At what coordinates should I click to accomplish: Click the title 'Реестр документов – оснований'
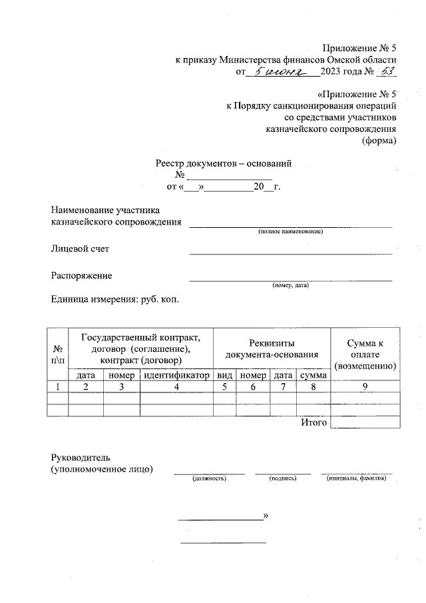coord(224,163)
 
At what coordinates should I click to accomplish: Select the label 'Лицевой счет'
coord(80,249)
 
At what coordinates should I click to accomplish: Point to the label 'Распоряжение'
coord(82,275)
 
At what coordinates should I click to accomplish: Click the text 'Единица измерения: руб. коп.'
coord(115,299)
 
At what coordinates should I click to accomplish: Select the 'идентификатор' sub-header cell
coord(176,376)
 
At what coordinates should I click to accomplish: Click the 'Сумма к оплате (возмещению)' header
coord(365,354)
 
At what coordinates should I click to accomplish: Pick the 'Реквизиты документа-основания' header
coord(272,348)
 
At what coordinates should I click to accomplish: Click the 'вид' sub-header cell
coord(225,376)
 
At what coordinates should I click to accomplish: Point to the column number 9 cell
coord(365,387)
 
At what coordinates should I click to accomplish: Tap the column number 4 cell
coord(176,387)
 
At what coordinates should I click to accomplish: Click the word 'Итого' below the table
coord(314,422)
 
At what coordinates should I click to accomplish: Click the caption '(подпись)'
coord(282,479)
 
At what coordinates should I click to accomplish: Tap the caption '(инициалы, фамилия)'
coord(356,479)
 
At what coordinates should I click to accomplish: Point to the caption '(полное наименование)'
coord(291,231)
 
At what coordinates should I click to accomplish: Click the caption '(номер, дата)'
coord(290,285)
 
